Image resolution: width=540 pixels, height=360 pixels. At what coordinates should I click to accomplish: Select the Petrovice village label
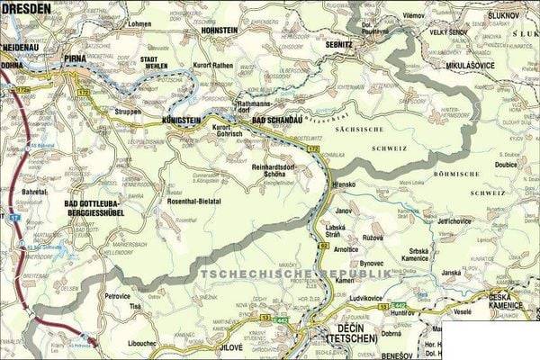coord(117,295)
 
